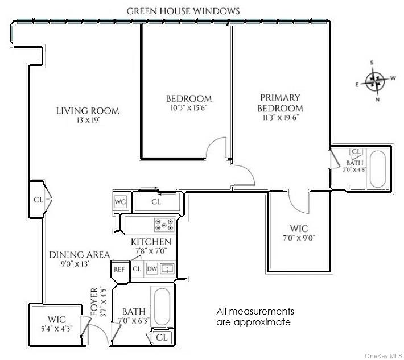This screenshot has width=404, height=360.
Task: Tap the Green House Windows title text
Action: click(183, 11)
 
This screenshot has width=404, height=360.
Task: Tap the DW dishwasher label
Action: click(152, 269)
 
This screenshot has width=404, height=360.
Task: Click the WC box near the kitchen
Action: click(120, 201)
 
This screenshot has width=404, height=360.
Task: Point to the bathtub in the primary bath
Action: click(378, 168)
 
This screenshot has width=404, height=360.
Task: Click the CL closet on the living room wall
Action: click(38, 200)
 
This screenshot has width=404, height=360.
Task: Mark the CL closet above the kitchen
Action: click(157, 201)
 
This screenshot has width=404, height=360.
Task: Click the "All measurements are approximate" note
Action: click(255, 317)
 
